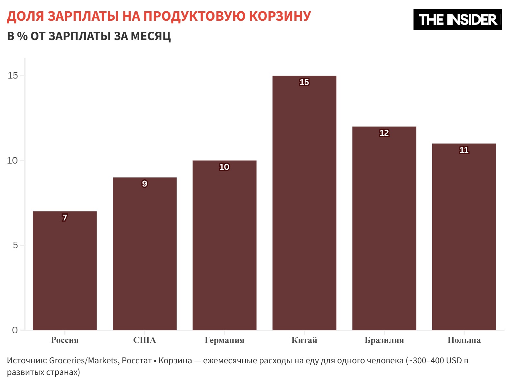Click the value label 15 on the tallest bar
point(304,82)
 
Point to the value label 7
point(65,218)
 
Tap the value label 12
point(384,133)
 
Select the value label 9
point(144,184)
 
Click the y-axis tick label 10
point(13,161)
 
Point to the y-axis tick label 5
point(15,245)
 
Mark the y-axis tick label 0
point(15,330)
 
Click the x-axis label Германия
point(224,340)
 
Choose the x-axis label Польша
point(464,340)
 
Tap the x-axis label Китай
point(304,340)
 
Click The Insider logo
point(457,20)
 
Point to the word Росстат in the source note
point(137,360)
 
